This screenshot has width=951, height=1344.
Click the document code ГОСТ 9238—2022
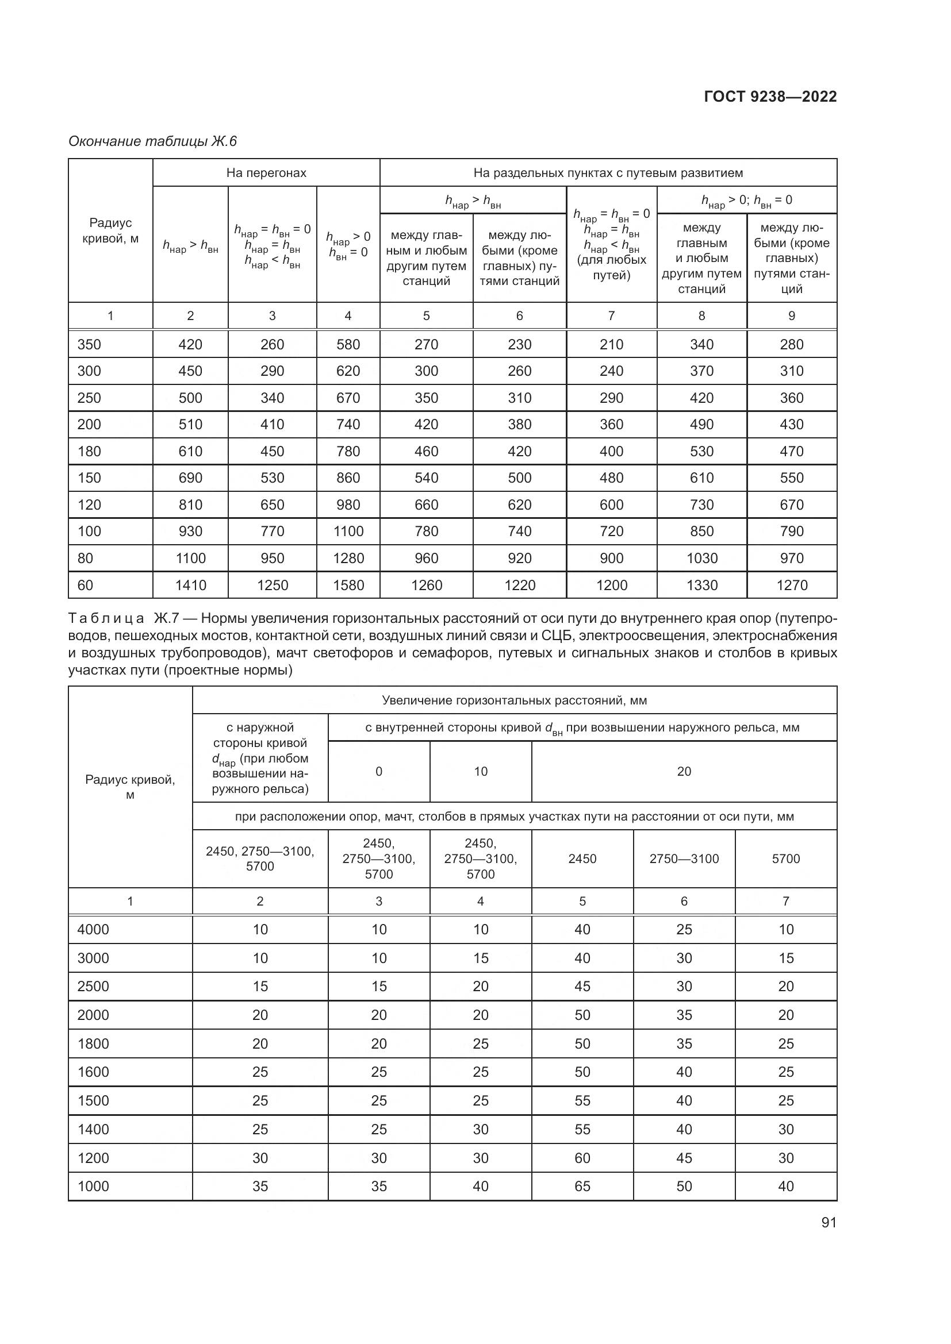(769, 97)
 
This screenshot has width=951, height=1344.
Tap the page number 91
(829, 1222)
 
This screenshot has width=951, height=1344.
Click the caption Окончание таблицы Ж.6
(152, 141)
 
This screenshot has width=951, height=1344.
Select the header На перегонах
(266, 173)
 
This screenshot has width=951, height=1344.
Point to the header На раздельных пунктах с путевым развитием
(608, 173)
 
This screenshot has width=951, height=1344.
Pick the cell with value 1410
(190, 585)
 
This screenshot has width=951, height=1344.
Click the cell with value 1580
(348, 585)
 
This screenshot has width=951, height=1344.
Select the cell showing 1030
(701, 558)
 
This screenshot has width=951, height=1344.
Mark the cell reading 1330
(701, 585)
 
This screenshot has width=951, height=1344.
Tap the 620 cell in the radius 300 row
(348, 371)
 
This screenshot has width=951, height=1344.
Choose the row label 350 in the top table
(90, 344)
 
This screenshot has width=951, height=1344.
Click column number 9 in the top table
(792, 316)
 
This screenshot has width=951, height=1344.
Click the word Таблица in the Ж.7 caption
(106, 618)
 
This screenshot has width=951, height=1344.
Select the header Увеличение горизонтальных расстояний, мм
(514, 700)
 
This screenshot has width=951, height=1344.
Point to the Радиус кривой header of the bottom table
(130, 787)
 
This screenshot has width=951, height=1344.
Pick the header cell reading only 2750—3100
(684, 858)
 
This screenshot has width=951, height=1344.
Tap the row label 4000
(94, 930)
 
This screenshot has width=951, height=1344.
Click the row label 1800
(94, 1043)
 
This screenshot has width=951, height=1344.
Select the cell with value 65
(582, 1186)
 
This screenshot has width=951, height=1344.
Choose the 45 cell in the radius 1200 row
(684, 1158)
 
